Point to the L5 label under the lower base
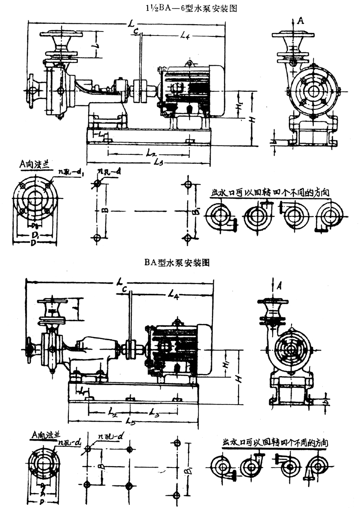coord(131,421)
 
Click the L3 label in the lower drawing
coord(154,412)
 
